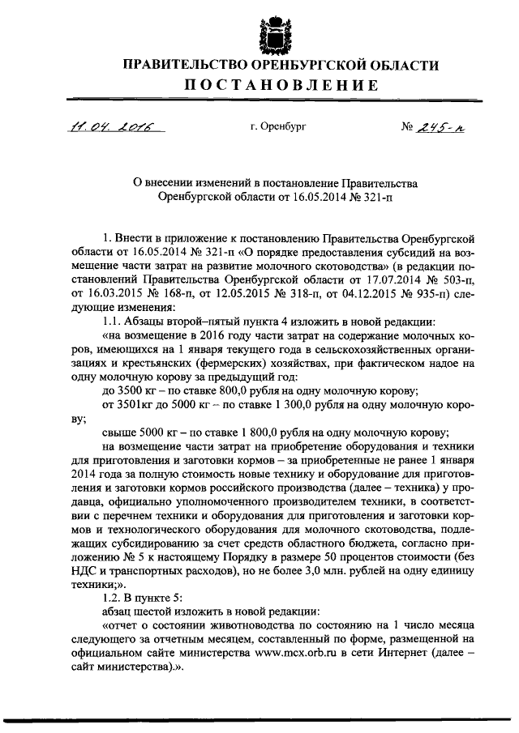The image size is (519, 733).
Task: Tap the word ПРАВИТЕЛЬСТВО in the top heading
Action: point(191,64)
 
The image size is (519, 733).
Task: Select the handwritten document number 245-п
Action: point(442,126)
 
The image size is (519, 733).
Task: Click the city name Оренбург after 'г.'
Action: point(282,126)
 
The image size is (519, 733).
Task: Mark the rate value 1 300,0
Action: point(284,403)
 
